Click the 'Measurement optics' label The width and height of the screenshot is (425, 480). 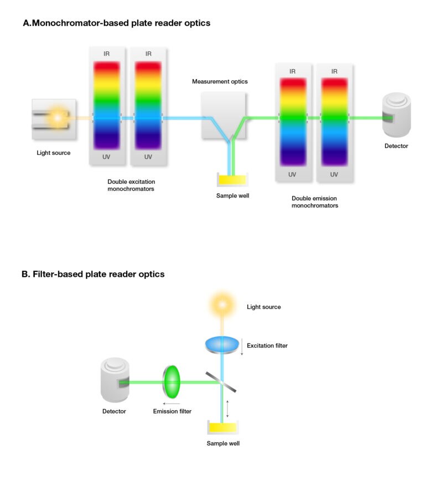(x=220, y=81)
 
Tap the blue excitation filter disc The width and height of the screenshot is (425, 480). (x=222, y=344)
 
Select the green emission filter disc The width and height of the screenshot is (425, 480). (x=173, y=381)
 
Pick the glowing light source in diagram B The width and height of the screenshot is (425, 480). (x=222, y=304)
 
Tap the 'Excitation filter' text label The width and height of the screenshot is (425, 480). (x=267, y=346)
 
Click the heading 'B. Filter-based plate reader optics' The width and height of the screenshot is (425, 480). (x=93, y=274)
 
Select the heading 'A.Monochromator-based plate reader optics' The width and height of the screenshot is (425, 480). (x=116, y=23)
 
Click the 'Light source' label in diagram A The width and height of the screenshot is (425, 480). (x=54, y=152)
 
